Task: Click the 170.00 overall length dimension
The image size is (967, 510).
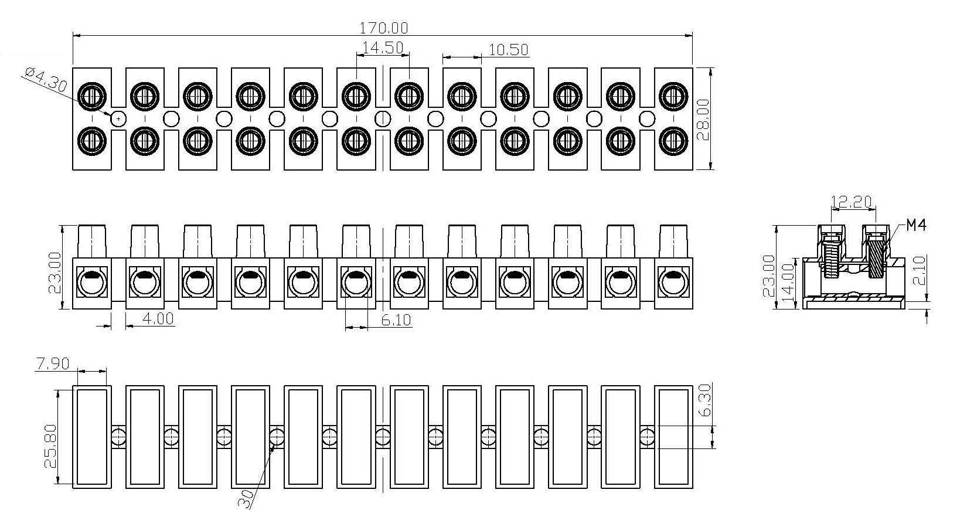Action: pyautogui.click(x=384, y=28)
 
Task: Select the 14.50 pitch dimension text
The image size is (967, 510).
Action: pyautogui.click(x=383, y=47)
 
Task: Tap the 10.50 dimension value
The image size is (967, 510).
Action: pyautogui.click(x=509, y=50)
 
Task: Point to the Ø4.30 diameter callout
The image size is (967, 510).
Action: pyautogui.click(x=46, y=79)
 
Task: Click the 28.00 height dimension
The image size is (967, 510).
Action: pyautogui.click(x=703, y=119)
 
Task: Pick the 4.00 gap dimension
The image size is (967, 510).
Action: pyautogui.click(x=158, y=319)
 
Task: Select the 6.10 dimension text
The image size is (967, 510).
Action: pyautogui.click(x=396, y=320)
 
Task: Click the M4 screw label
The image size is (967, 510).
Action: pyautogui.click(x=916, y=225)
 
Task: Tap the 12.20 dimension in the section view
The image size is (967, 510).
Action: pyautogui.click(x=852, y=201)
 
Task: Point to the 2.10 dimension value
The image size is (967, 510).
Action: pyautogui.click(x=920, y=270)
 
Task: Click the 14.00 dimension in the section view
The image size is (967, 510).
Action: pyautogui.click(x=788, y=283)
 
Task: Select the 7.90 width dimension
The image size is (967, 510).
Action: pyautogui.click(x=53, y=363)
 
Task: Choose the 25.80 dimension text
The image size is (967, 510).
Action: pyautogui.click(x=50, y=446)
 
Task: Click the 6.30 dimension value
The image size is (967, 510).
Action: pyautogui.click(x=704, y=400)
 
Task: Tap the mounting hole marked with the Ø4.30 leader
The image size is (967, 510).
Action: pyautogui.click(x=118, y=118)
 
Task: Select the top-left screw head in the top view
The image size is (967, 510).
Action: pyautogui.click(x=92, y=95)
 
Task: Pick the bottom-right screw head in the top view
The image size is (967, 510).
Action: pyautogui.click(x=673, y=141)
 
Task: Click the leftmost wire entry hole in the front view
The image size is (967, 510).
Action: pyautogui.click(x=91, y=284)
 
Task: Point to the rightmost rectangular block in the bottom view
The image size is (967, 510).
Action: pyautogui.click(x=673, y=437)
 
